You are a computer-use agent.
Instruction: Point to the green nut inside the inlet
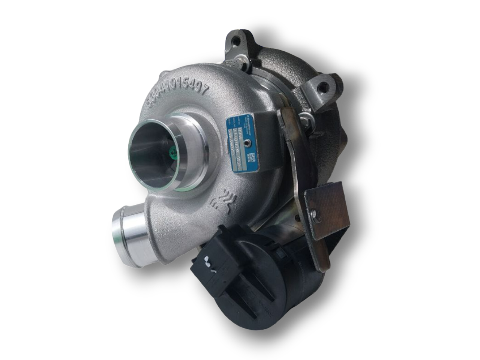(173, 152)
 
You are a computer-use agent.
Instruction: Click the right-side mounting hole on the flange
(321, 90)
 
